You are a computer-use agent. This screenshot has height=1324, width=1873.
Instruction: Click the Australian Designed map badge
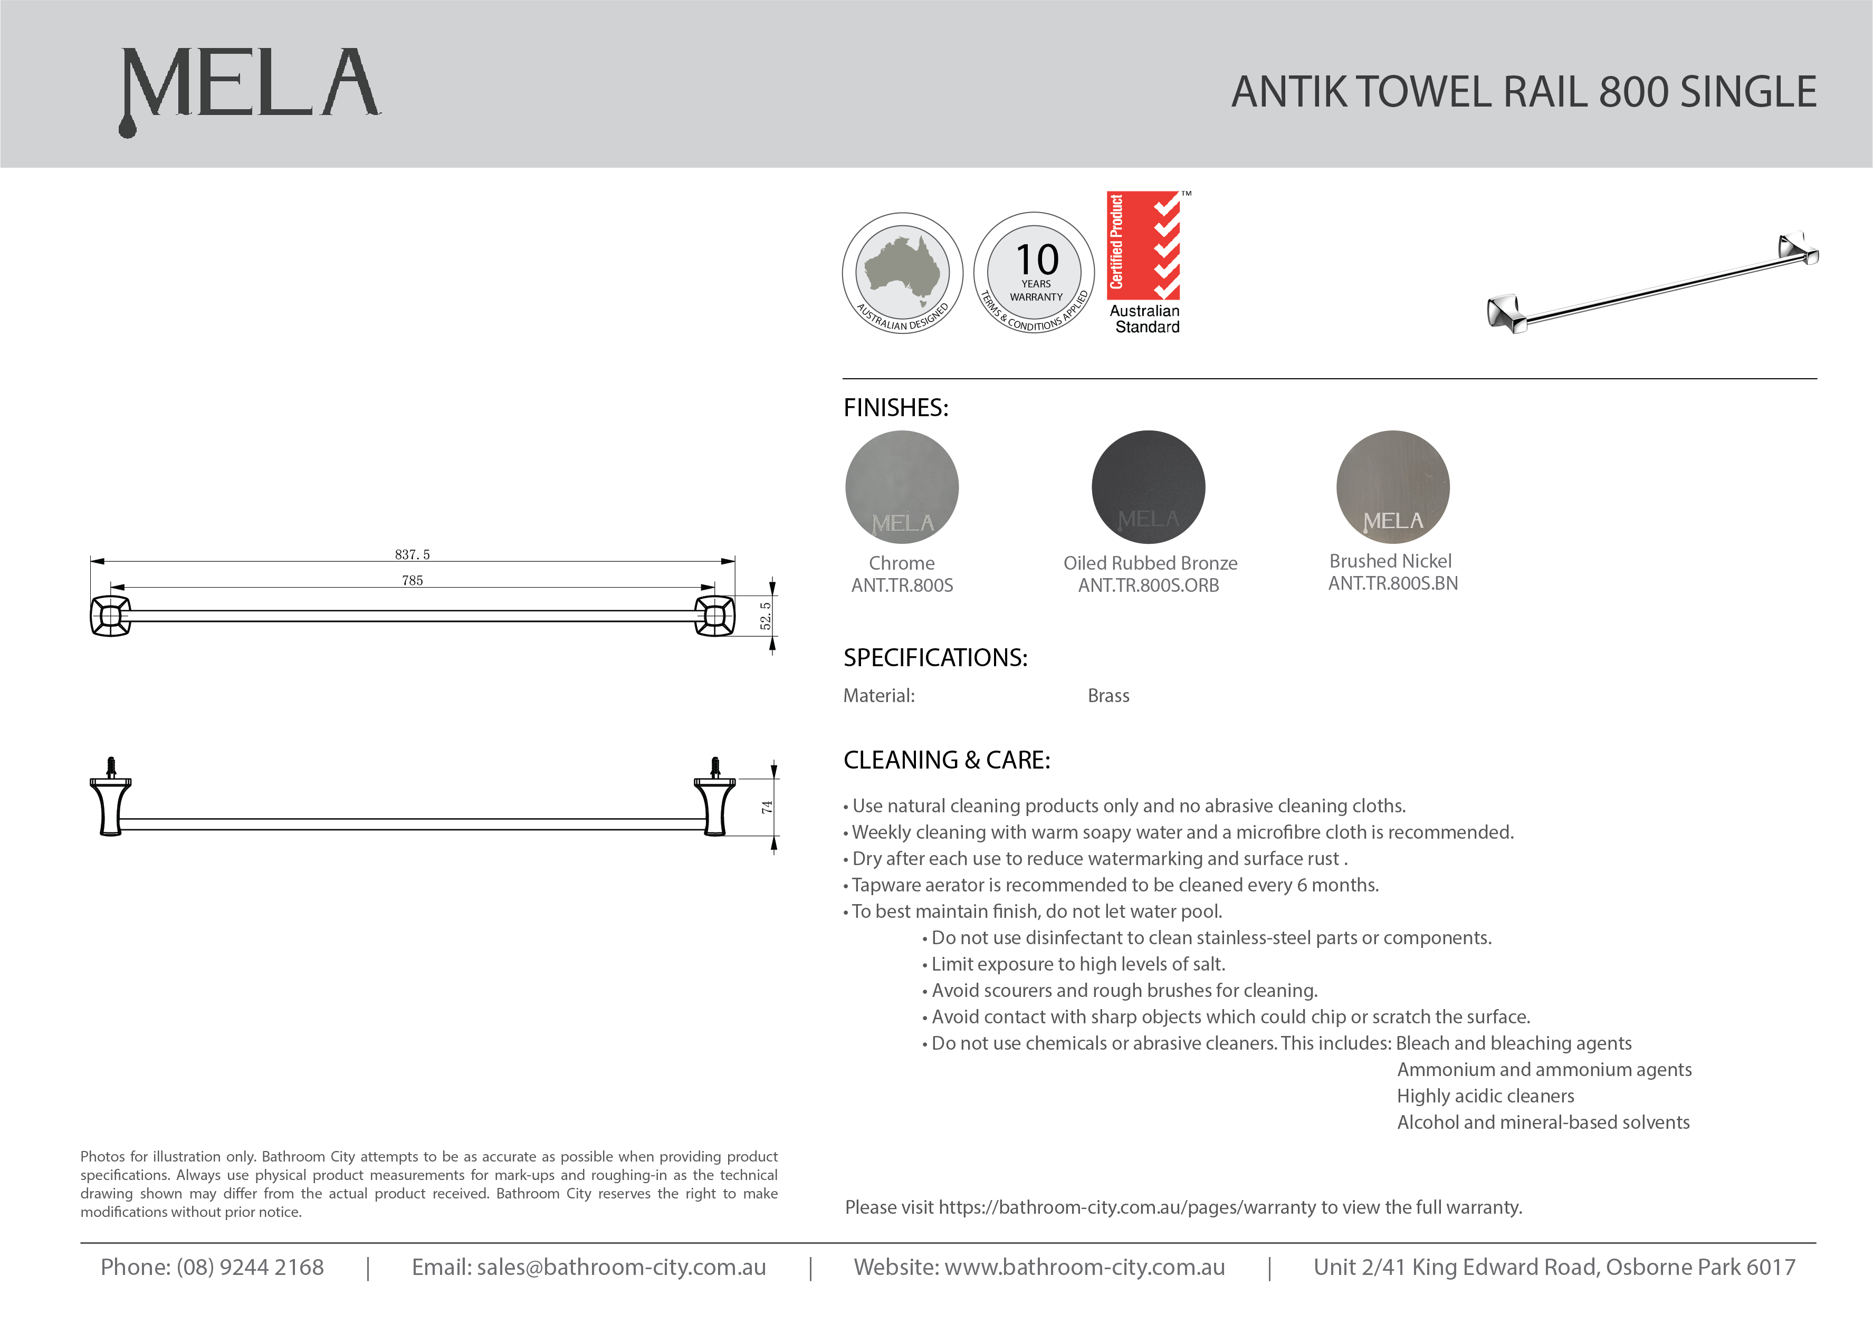pyautogui.click(x=902, y=273)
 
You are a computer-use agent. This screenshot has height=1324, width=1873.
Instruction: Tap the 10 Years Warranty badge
pyautogui.click(x=1035, y=273)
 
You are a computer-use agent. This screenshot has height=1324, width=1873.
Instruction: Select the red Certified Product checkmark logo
pyautogui.click(x=1144, y=246)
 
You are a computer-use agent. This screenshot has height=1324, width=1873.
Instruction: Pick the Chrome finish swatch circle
pyautogui.click(x=902, y=487)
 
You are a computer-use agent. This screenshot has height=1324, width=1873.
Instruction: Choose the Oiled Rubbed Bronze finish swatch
pyautogui.click(x=1148, y=487)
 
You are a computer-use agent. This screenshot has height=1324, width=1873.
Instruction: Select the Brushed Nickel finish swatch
pyautogui.click(x=1392, y=487)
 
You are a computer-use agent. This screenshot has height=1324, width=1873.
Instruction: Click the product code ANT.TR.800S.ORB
pyautogui.click(x=1148, y=586)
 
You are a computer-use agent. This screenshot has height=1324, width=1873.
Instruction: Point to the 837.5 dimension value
pyautogui.click(x=412, y=555)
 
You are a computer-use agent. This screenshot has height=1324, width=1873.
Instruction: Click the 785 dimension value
pyautogui.click(x=412, y=581)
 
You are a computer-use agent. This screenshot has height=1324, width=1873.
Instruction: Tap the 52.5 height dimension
pyautogui.click(x=765, y=616)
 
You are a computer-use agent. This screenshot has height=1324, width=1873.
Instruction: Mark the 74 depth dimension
pyautogui.click(x=767, y=807)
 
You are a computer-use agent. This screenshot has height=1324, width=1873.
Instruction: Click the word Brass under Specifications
pyautogui.click(x=1108, y=696)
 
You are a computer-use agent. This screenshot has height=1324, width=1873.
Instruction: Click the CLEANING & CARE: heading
pyautogui.click(x=947, y=760)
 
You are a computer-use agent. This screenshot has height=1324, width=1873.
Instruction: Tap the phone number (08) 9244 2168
pyautogui.click(x=250, y=1267)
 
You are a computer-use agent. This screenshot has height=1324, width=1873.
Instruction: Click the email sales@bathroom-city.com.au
pyautogui.click(x=621, y=1267)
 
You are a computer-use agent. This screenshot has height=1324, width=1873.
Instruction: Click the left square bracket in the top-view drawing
pyautogui.click(x=110, y=616)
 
